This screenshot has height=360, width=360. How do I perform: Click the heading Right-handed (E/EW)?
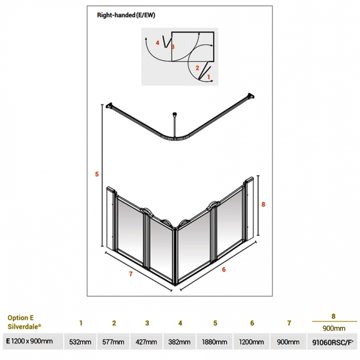pyautogui.click(x=126, y=15)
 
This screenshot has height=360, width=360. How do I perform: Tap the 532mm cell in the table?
pyautogui.click(x=80, y=342)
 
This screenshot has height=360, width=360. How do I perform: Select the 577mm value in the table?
pyautogui.click(x=113, y=342)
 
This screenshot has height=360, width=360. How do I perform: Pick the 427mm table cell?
pyautogui.click(x=146, y=342)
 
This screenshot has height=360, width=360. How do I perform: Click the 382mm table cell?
pyautogui.click(x=179, y=342)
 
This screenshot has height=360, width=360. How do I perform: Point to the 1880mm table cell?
pyautogui.click(x=215, y=342)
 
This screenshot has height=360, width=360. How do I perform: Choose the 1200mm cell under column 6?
pyautogui.click(x=251, y=342)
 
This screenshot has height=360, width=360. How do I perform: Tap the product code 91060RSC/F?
pyautogui.click(x=332, y=342)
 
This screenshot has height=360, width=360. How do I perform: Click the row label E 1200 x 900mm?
pyautogui.click(x=29, y=341)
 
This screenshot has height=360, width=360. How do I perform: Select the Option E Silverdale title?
pyautogui.click(x=24, y=322)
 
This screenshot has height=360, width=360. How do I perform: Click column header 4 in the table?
pyautogui.click(x=180, y=323)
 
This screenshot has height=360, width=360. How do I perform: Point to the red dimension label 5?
pyautogui.click(x=97, y=174)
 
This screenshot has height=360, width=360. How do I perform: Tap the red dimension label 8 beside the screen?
pyautogui.click(x=263, y=204)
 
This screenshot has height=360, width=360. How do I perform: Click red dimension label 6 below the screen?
pyautogui.click(x=224, y=270)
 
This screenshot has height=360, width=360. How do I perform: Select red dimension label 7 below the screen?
pyautogui.click(x=131, y=274)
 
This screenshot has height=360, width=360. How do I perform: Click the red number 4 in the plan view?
pyautogui.click(x=157, y=43)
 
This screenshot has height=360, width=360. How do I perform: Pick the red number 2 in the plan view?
pyautogui.click(x=197, y=68)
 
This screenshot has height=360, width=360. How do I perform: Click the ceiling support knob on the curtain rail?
pyautogui.click(x=174, y=114)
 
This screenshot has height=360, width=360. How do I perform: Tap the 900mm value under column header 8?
pyautogui.click(x=334, y=328)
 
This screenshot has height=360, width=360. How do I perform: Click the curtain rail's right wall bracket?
pyautogui.click(x=251, y=96)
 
